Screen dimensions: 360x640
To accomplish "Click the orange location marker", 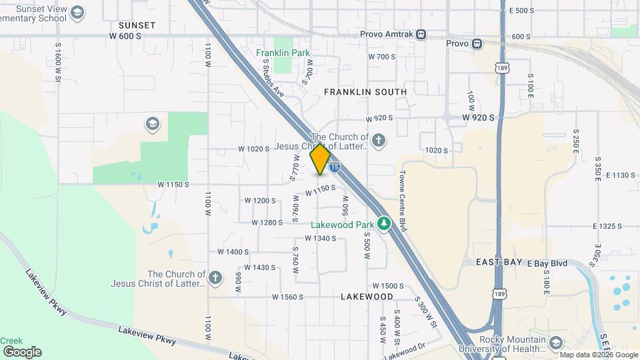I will point(320,159).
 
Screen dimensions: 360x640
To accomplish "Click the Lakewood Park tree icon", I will point(383,223).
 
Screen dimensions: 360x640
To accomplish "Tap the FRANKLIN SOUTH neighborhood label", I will point(365,91).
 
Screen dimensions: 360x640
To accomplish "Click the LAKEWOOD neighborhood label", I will point(367,295).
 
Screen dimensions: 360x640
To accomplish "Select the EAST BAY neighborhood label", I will point(499,263).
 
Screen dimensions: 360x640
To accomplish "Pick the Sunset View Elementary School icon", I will point(78,13).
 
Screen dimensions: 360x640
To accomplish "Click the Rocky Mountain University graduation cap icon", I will point(555,343).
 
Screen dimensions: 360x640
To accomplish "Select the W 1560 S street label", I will point(288,297).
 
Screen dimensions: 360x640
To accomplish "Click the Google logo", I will point(22,351).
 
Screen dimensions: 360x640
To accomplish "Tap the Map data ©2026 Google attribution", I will point(599,355).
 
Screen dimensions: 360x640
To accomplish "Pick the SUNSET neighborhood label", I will point(137,25).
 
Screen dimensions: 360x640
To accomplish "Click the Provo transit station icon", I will point(477,44).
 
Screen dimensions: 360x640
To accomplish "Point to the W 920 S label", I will point(479,117).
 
